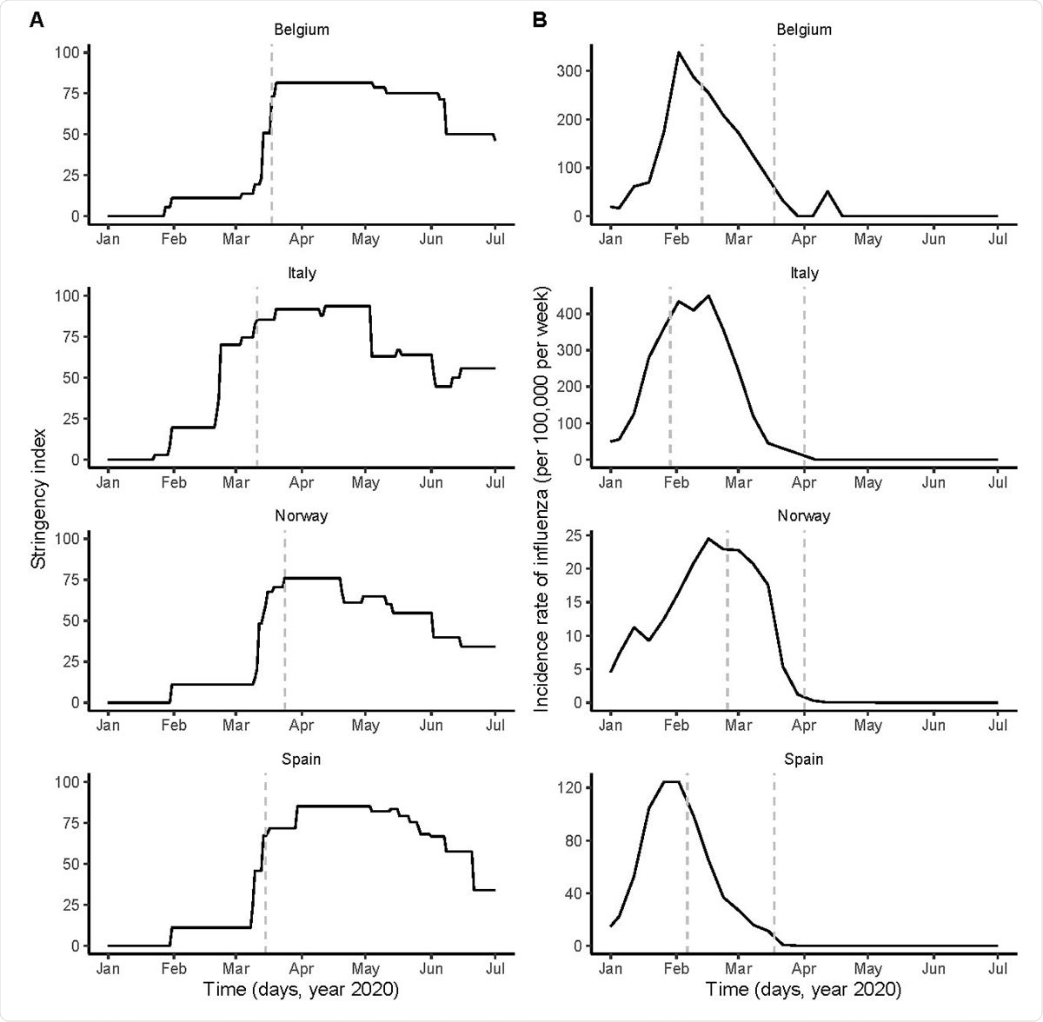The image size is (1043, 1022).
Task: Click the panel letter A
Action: (x=36, y=20)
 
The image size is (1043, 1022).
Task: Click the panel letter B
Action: (x=540, y=20)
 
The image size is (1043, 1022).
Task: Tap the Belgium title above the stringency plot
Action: (x=302, y=30)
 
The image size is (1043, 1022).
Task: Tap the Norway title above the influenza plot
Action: (x=804, y=515)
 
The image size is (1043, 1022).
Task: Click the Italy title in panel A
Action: (x=302, y=273)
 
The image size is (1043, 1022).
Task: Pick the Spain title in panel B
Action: (x=804, y=759)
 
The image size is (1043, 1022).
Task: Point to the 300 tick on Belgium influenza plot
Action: (x=568, y=70)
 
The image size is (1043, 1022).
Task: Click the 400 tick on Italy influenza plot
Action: (x=568, y=314)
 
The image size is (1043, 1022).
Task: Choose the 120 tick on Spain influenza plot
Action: (x=568, y=787)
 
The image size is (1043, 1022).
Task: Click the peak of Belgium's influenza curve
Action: (x=678, y=52)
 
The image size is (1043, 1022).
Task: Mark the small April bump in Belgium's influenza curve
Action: (x=827, y=191)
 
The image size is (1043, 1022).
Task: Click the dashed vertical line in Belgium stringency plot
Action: (x=272, y=130)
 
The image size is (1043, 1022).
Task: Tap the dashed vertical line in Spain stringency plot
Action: (x=265, y=860)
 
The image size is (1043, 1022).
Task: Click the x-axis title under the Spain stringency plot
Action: (x=301, y=989)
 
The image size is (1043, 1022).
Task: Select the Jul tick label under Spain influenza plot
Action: (x=997, y=968)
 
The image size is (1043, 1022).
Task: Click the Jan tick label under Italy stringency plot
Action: (x=108, y=481)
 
